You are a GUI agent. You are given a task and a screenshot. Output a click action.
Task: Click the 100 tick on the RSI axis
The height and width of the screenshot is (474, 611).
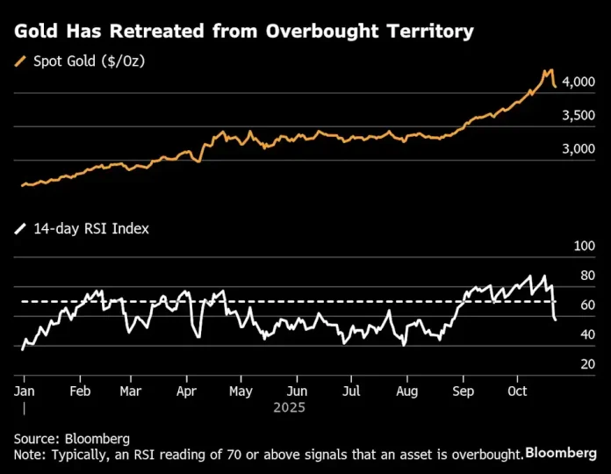pyautogui.click(x=584, y=247)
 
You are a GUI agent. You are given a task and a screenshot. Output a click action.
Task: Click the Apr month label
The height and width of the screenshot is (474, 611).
pyautogui.click(x=185, y=391)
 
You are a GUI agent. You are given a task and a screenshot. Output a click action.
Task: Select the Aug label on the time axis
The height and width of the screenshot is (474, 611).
pyautogui.click(x=406, y=391)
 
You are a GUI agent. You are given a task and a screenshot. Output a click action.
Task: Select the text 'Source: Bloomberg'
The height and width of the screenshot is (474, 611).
pyautogui.click(x=72, y=438)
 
